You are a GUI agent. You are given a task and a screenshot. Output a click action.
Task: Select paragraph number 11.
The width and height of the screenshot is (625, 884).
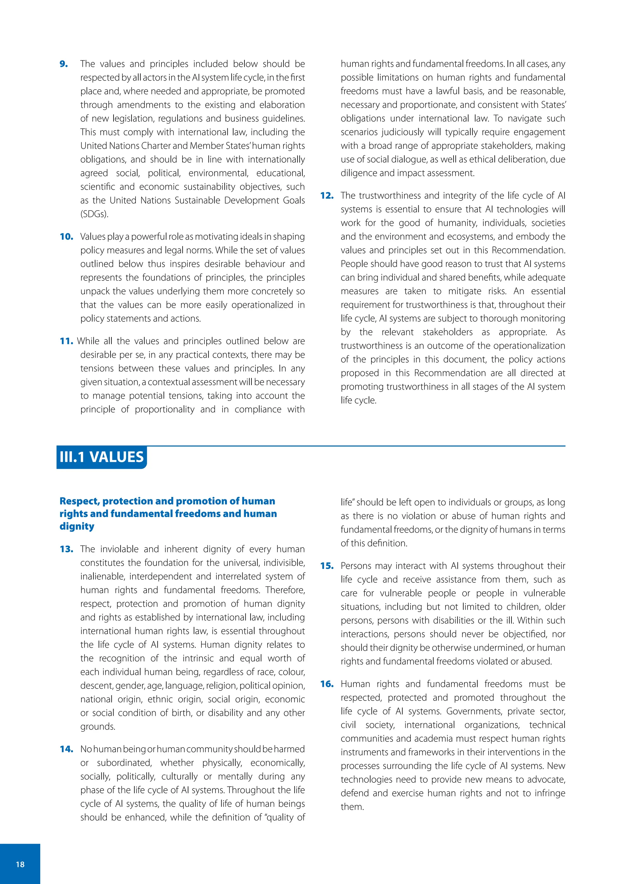pyautogui.click(x=66, y=341)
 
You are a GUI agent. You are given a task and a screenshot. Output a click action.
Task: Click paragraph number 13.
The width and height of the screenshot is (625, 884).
pyautogui.click(x=66, y=549)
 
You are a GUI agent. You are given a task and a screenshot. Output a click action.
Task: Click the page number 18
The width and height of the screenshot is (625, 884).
pyautogui.click(x=20, y=864)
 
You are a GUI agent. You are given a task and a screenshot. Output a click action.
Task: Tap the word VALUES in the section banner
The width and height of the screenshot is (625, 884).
pyautogui.click(x=117, y=457)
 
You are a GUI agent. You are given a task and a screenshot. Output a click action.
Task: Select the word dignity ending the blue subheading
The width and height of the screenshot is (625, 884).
pyautogui.click(x=77, y=526)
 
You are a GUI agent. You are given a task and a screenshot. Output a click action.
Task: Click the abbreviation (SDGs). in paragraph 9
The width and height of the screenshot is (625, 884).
pyautogui.click(x=94, y=214)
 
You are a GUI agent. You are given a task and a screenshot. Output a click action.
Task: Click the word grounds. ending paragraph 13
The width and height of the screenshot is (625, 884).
pyautogui.click(x=97, y=726)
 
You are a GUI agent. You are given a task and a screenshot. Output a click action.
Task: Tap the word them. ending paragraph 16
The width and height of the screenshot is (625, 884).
pyautogui.click(x=352, y=806)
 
